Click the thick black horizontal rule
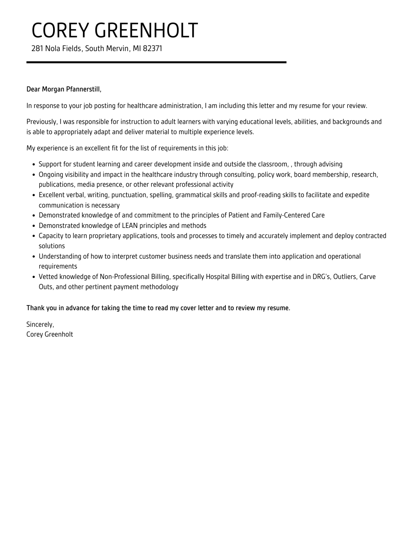pyautogui.click(x=156, y=62)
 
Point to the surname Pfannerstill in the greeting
pyautogui.click(x=83, y=90)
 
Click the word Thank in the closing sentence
pyautogui.click(x=36, y=308)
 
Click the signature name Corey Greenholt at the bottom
pyautogui.click(x=50, y=335)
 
